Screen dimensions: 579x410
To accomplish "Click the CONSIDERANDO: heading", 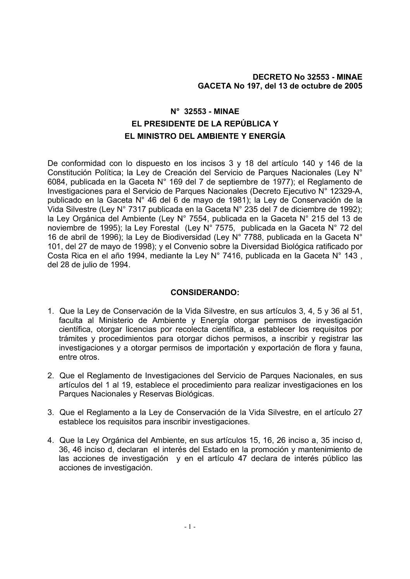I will click(x=205, y=292).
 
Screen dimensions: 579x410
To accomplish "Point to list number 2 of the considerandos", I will click(x=50, y=376).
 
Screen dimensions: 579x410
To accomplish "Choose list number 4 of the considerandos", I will click(x=50, y=440).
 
